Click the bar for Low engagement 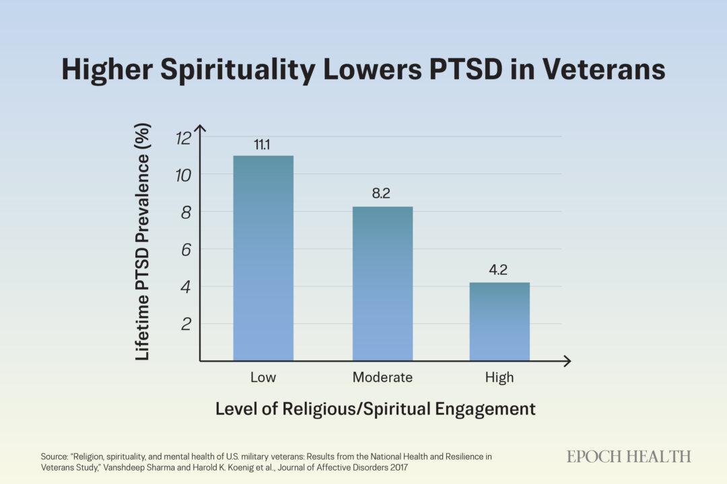coord(263,258)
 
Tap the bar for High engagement coord(499,321)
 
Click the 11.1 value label coord(263,144)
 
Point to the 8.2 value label coord(382,194)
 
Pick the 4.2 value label coord(499,270)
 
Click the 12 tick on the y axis coord(183,138)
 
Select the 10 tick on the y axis coord(183,175)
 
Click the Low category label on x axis coord(263,377)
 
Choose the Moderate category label coord(382,377)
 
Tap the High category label coord(499,377)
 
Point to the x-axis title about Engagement coord(375,409)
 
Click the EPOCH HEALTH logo coord(629,456)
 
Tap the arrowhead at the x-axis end coord(567,362)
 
